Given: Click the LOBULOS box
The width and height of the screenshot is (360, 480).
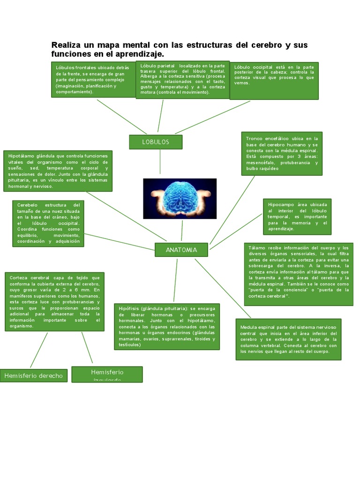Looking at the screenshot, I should [156, 142].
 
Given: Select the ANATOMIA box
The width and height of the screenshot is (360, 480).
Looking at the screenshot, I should [181, 250].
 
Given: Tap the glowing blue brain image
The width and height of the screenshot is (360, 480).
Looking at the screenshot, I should [180, 198].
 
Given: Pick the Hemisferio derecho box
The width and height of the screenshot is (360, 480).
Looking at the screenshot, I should [33, 376].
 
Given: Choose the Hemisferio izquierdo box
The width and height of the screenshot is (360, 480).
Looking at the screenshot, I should [107, 374].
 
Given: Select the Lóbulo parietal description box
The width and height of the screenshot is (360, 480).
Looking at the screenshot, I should [182, 80].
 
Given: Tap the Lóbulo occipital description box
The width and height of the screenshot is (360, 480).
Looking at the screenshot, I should [274, 81].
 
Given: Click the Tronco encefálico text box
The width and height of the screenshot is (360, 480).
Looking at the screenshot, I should [282, 154].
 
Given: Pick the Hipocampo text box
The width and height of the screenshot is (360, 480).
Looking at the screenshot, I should [297, 217].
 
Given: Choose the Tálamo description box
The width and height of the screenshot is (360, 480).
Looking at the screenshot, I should [299, 274].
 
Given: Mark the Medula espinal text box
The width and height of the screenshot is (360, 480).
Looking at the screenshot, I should [288, 339].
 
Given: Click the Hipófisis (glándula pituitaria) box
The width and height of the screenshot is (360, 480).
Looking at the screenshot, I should [166, 326].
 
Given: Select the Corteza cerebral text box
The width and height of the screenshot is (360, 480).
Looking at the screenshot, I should [54, 301].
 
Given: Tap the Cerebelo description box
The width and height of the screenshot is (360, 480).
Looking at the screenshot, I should [48, 223].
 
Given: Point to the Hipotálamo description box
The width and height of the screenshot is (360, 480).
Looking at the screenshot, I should [58, 171].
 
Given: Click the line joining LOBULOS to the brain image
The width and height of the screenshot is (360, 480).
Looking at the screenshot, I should [160, 164].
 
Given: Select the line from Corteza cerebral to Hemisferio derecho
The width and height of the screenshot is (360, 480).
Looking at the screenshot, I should [39, 350].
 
